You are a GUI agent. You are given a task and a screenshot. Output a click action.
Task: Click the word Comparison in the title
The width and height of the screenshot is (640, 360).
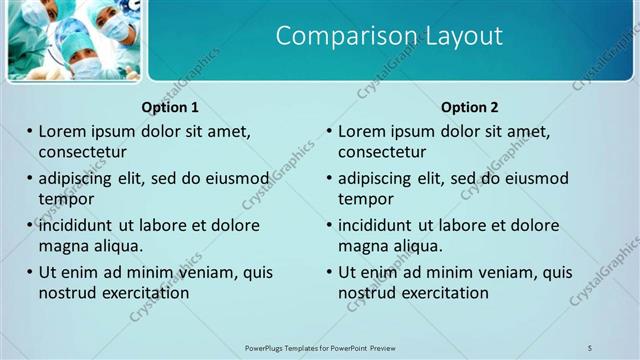pyautogui.click(x=335, y=37)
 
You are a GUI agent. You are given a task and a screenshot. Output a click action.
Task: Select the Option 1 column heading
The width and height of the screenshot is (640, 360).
pyautogui.click(x=170, y=107)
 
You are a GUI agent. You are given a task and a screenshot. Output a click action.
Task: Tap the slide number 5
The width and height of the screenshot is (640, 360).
pyautogui.click(x=590, y=347)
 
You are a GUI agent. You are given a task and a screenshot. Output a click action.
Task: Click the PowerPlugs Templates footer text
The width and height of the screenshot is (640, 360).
pyautogui.click(x=320, y=347)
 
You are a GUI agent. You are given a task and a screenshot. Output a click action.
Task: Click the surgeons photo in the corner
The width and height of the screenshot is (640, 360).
pyautogui.click(x=72, y=39)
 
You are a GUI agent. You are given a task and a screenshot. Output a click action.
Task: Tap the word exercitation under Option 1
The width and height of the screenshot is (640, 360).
pyautogui.click(x=143, y=293)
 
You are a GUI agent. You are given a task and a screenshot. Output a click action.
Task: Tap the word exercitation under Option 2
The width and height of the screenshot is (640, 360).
pyautogui.click(x=443, y=293)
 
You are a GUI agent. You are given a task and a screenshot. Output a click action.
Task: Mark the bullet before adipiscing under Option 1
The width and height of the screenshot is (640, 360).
pyautogui.click(x=30, y=179)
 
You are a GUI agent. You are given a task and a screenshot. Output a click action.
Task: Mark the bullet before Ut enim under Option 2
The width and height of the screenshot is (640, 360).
pyautogui.click(x=330, y=272)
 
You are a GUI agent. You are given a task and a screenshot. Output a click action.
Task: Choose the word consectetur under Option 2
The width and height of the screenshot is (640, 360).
pyautogui.click(x=382, y=152)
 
